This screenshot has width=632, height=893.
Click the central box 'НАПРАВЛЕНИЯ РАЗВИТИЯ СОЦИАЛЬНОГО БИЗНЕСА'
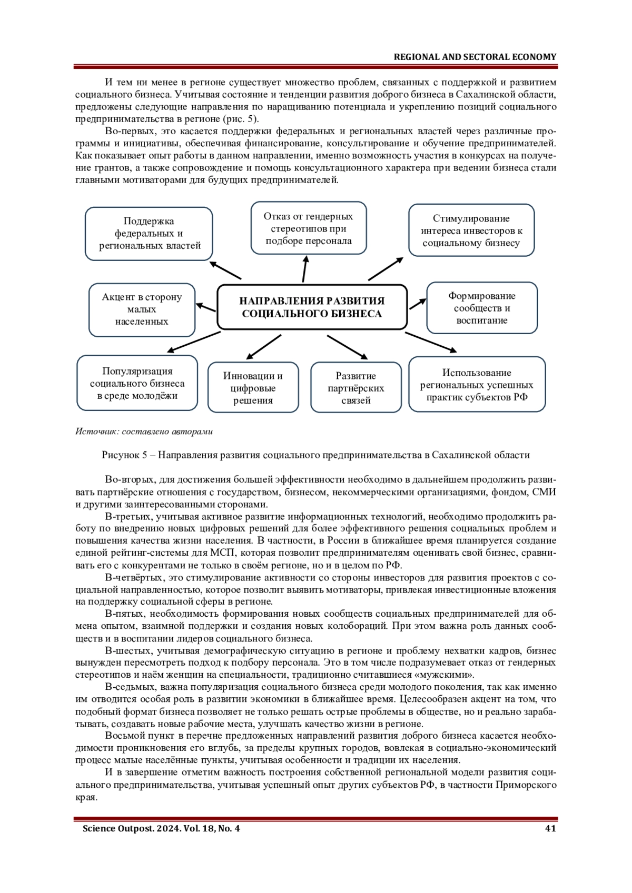pyautogui.click(x=312, y=307)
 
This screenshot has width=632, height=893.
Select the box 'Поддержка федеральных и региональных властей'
pyautogui.click(x=149, y=234)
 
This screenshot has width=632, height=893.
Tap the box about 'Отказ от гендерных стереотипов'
pyautogui.click(x=309, y=228)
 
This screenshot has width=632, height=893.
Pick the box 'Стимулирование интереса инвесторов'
pyautogui.click(x=471, y=230)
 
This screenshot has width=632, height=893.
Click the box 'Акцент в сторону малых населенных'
pyautogui.click(x=142, y=309)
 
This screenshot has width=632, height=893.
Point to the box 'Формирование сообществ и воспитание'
pyautogui.click(x=482, y=308)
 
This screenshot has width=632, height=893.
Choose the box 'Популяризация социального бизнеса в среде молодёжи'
pyautogui.click(x=137, y=383)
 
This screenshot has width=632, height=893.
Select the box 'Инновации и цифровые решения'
pyautogui.click(x=253, y=388)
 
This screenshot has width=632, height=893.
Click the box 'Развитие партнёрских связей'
pyautogui.click(x=356, y=388)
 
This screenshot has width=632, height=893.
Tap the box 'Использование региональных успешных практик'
pyautogui.click(x=477, y=385)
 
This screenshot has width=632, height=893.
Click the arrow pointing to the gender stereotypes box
pyautogui.click(x=304, y=268)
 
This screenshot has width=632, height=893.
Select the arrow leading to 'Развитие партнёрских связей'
pyautogui.click(x=347, y=347)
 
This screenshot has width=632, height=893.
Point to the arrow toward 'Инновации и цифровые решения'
pyautogui.click(x=263, y=347)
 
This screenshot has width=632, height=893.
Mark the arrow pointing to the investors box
pyautogui.click(x=386, y=268)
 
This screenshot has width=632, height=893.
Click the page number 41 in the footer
pyautogui.click(x=550, y=829)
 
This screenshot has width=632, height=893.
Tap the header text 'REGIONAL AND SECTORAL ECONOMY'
pyautogui.click(x=475, y=57)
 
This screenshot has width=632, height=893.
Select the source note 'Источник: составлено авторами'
pyautogui.click(x=144, y=432)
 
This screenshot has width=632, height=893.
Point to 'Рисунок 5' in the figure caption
pyautogui.click(x=123, y=455)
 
